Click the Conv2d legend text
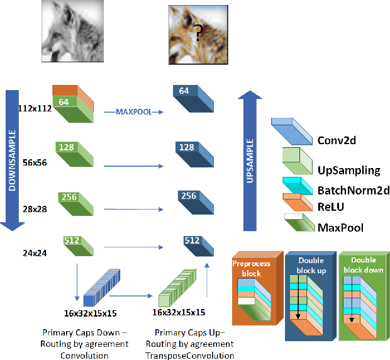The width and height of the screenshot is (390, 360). point(337,140)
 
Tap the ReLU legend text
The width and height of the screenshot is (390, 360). point(330,206)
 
